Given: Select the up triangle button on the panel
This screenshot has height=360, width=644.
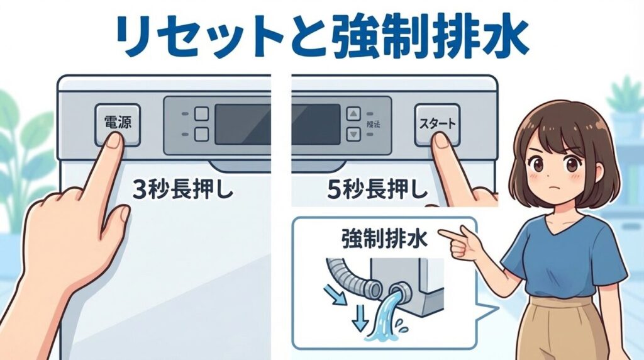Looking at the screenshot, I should click(x=354, y=114).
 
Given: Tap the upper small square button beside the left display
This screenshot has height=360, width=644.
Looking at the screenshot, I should click(x=201, y=115).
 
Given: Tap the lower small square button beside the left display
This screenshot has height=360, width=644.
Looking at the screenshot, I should click(x=201, y=133).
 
